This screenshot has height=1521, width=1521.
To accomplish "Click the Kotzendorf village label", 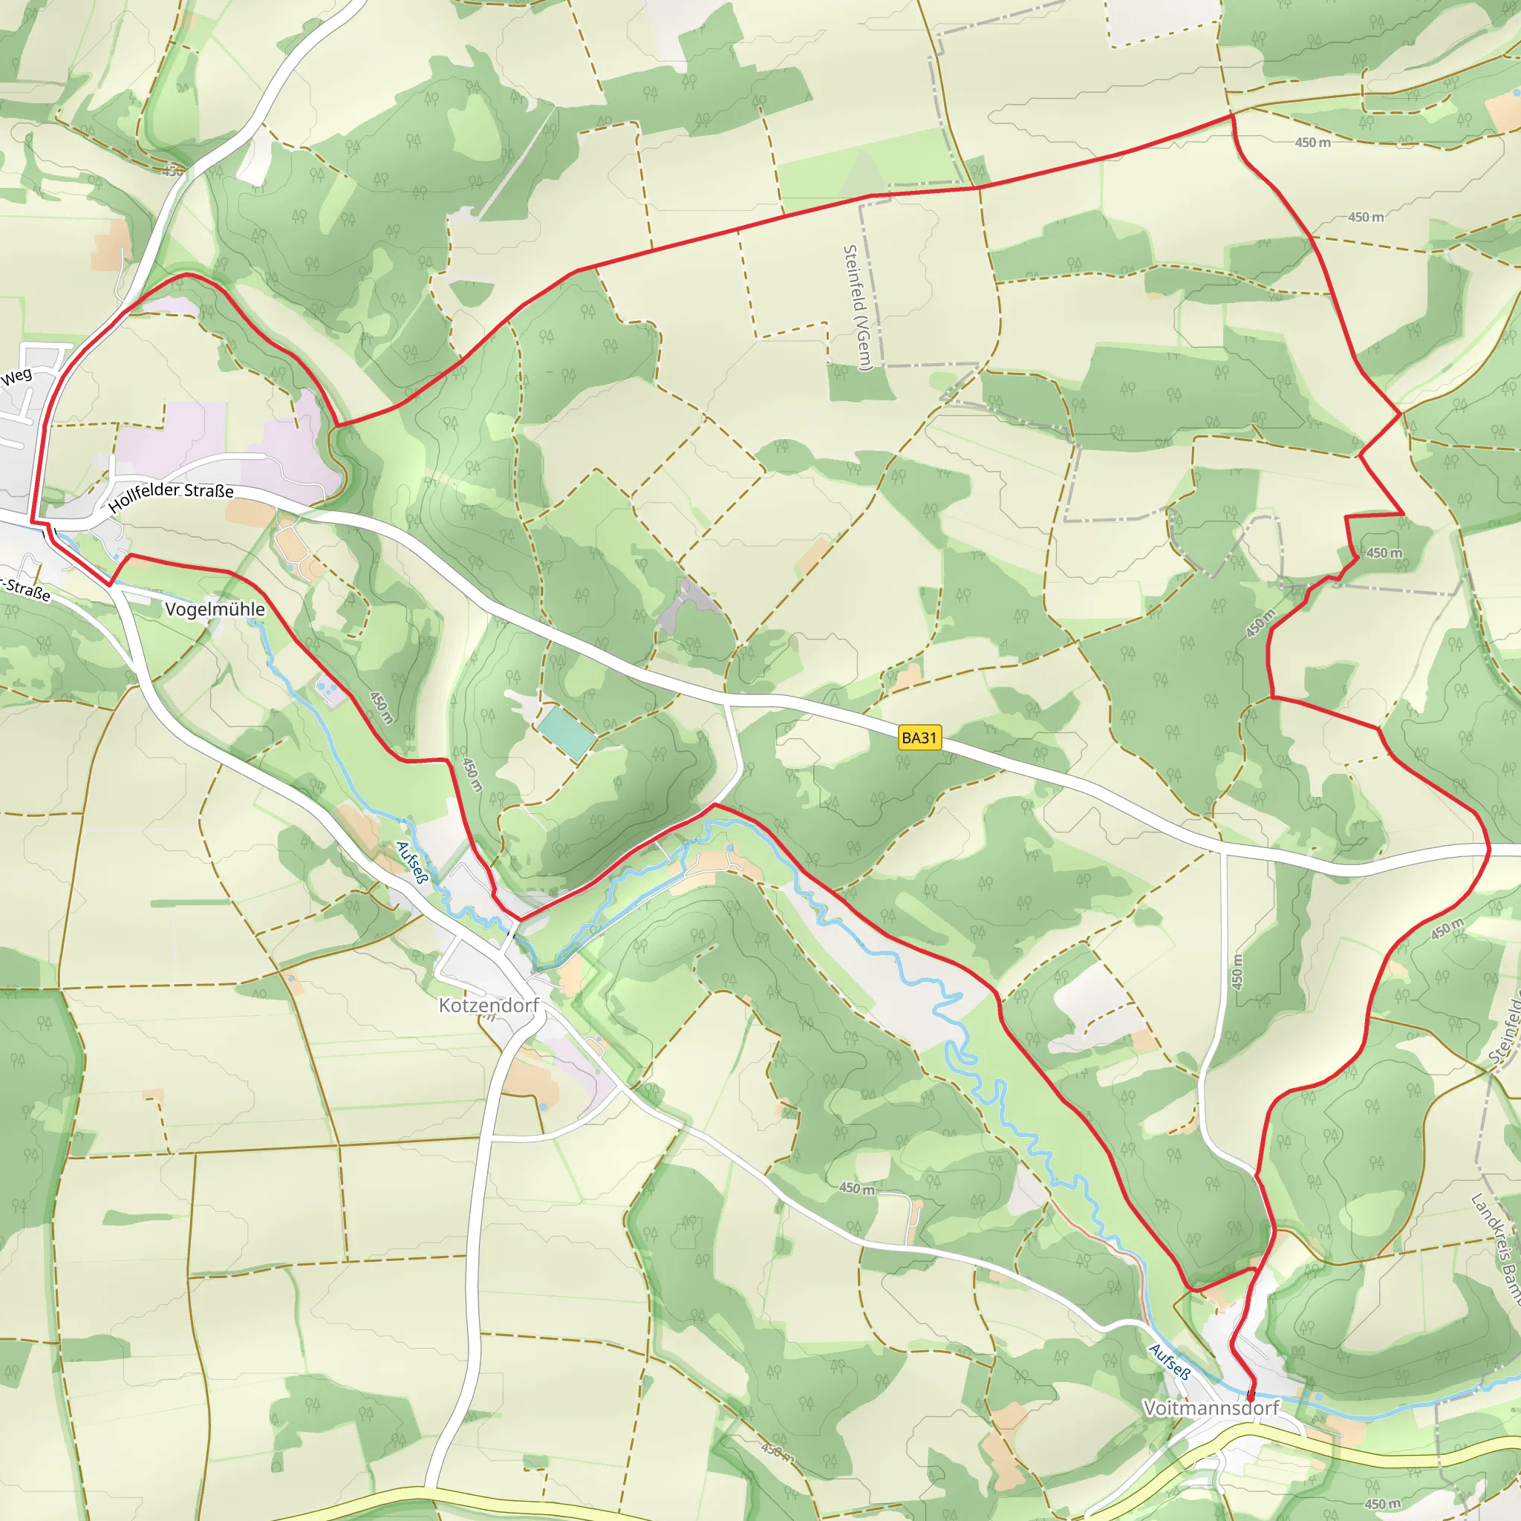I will pos(488,1006).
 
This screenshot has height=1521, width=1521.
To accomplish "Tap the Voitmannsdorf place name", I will pos(1211,1407).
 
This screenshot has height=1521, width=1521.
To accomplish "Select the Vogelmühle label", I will pos(215,609).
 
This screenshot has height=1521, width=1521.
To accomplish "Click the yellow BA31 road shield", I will pos(919,737).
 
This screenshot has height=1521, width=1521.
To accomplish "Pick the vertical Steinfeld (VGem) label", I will pos(857,307).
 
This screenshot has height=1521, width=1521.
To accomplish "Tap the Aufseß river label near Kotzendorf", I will pos(411,863).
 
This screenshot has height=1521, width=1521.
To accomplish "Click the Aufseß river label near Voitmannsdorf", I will pos(1169,1362).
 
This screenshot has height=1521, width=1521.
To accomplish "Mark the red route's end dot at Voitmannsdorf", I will pos(1250,1397).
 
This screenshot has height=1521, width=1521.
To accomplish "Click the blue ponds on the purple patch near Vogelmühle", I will pos(325,689).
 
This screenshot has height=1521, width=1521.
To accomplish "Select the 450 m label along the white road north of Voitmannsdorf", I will pos(1237,971).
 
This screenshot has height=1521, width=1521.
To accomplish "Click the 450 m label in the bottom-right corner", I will pos(1382,1505).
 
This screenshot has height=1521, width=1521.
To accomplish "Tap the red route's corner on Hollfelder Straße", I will pos(32,521).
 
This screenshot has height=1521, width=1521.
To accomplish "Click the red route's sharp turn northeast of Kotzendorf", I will pos(713,804).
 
